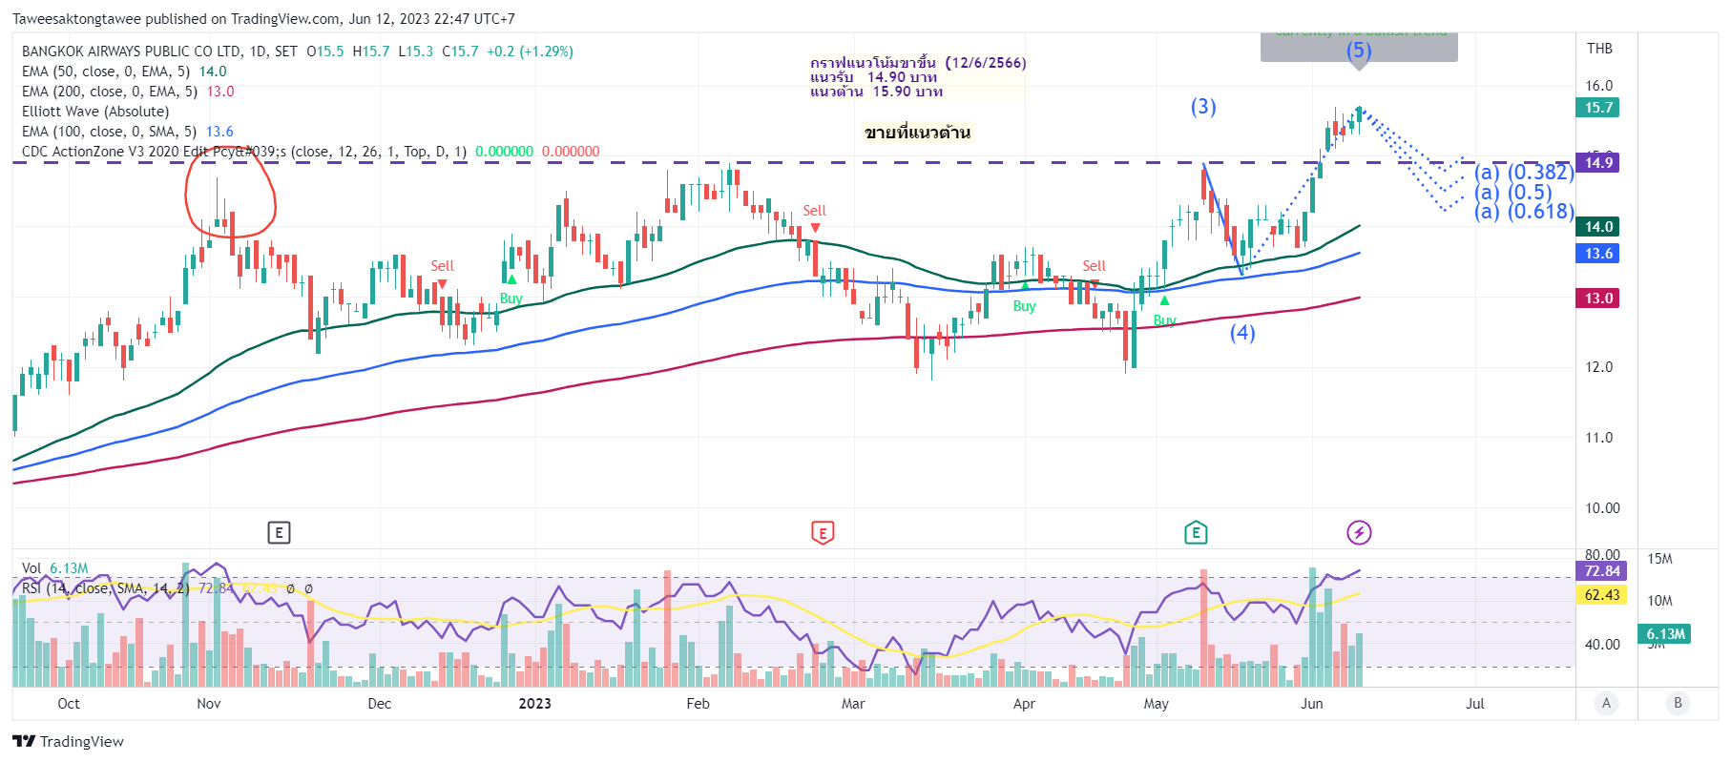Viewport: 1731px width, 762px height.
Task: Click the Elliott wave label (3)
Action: coord(1202,107)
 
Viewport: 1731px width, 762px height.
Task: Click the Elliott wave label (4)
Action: coord(1241,333)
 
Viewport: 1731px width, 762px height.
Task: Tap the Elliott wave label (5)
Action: coord(1359,51)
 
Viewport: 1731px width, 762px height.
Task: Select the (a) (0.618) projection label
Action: coord(1524,212)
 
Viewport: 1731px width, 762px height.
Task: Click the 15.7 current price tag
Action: coord(1598,108)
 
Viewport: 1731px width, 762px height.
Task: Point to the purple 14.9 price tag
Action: coord(1598,163)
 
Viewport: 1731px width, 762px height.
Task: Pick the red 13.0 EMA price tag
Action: coord(1598,299)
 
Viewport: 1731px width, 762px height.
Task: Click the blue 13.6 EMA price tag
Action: coord(1598,254)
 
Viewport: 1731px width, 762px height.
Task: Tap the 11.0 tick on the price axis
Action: coord(1598,438)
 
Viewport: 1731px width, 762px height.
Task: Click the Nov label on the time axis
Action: coord(208,704)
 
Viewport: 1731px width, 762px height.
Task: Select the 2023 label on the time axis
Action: coord(534,704)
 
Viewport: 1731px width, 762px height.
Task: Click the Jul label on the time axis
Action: coord(1475,704)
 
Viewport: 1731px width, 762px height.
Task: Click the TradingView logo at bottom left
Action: coord(68,742)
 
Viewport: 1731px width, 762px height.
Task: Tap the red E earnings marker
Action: coord(822,532)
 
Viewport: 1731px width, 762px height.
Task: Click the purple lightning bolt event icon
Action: coord(1359,532)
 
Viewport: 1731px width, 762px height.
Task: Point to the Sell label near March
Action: coord(814,211)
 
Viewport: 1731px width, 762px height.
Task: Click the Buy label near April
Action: coord(1024,306)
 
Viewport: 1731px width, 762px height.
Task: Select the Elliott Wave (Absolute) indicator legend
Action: coord(95,112)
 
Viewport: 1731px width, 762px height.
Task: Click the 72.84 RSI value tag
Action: coord(1602,571)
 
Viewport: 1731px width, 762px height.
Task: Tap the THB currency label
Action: coord(1599,49)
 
